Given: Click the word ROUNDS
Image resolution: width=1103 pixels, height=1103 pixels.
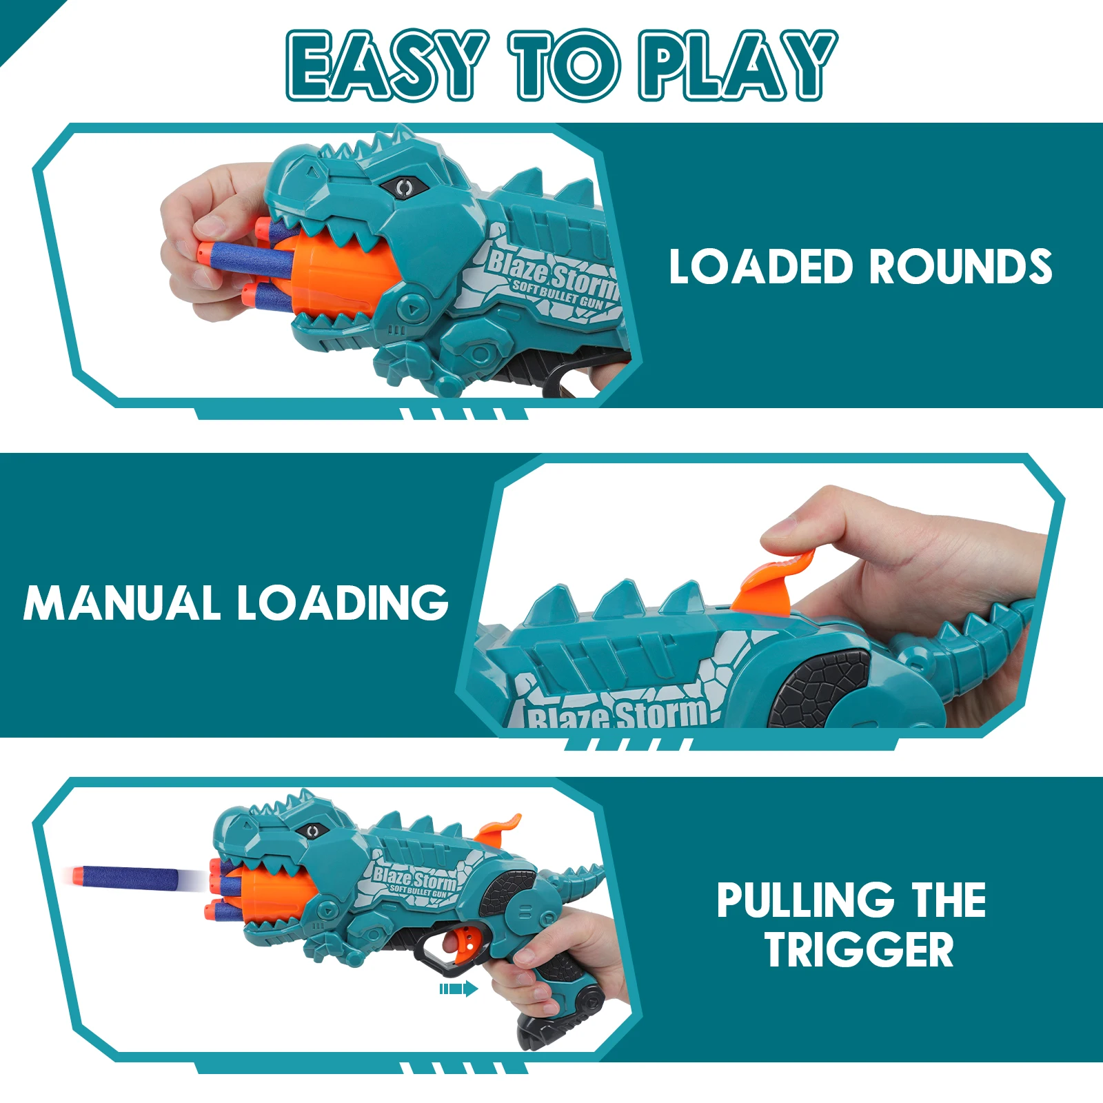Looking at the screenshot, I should pyautogui.click(x=960, y=267).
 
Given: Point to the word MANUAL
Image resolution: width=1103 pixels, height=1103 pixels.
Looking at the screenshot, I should pyautogui.click(x=121, y=603).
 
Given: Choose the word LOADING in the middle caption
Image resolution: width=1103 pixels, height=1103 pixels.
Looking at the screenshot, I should pyautogui.click(x=343, y=603).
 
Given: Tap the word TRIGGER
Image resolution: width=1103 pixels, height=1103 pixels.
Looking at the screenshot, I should pyautogui.click(x=859, y=950).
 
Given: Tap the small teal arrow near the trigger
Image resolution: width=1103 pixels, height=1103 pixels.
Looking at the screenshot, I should pyautogui.click(x=458, y=989).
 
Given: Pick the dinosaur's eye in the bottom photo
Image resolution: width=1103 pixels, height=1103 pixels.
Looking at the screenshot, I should pyautogui.click(x=312, y=831).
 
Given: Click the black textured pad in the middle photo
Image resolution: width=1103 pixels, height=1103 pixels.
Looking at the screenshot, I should pyautogui.click(x=820, y=689).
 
